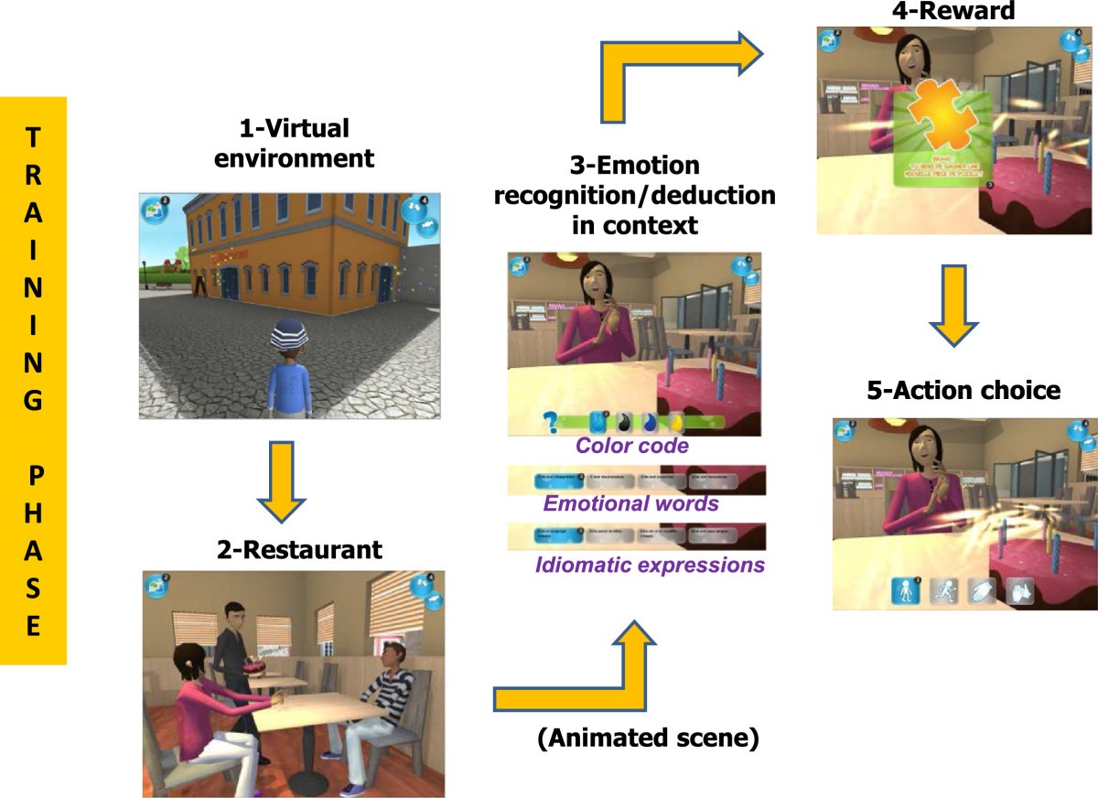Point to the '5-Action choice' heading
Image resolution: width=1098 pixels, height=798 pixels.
963,391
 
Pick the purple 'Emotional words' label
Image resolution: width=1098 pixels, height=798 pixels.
631,503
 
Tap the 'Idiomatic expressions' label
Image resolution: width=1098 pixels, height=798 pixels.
650,565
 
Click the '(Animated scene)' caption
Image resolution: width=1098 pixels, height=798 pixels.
648,739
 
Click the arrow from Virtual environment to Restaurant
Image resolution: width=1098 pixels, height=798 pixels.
281,477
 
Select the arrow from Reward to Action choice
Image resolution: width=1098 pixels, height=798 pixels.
953,306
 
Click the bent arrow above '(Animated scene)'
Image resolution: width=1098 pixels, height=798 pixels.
586,673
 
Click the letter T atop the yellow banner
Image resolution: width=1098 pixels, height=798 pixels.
33,137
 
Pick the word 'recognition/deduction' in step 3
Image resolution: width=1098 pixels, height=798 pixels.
634,195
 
